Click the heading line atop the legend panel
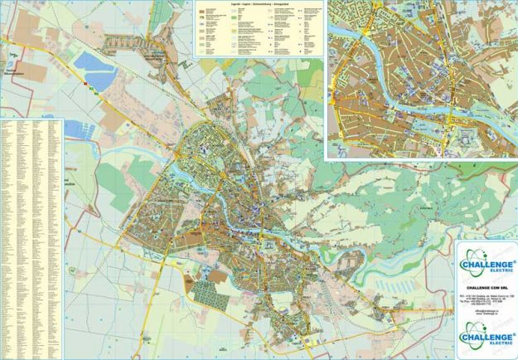pos(258,4)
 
